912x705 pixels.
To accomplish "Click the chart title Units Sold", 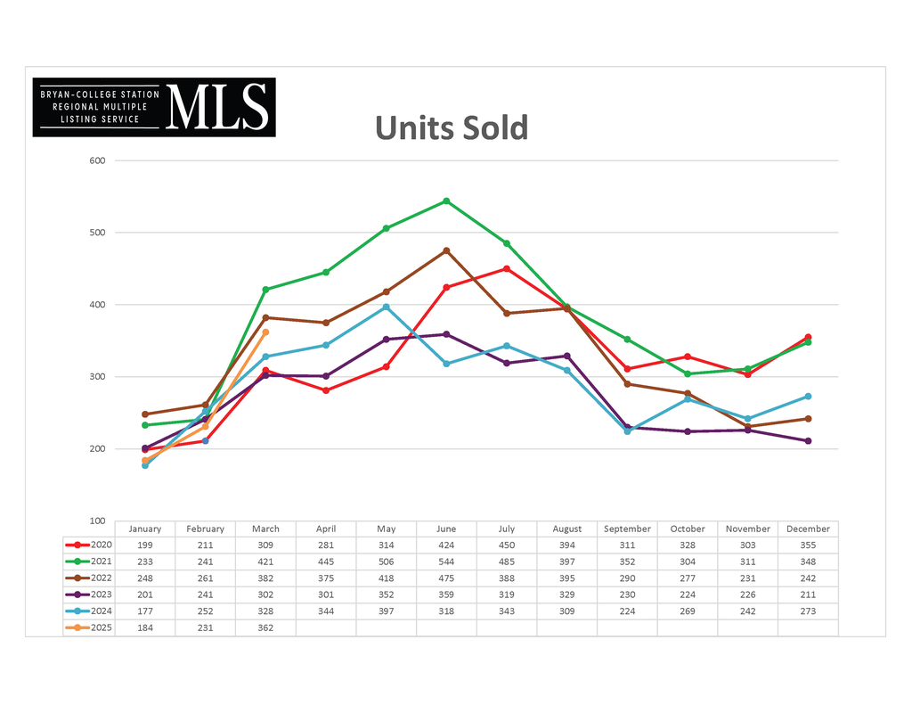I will point(451,127).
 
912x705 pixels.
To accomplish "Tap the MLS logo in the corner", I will point(154,107).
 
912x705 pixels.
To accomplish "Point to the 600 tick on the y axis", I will point(97,160).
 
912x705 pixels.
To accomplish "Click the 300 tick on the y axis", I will point(97,376).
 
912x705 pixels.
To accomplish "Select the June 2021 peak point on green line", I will point(446,201).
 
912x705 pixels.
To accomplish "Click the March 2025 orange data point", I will point(265,332).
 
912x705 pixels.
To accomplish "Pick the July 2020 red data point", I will point(507,268).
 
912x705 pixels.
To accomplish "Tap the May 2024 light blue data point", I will point(386,307).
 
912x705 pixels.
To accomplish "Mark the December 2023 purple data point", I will point(808,440).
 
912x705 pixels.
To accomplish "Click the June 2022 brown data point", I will point(446,250).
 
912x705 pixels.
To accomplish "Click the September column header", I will point(627,529).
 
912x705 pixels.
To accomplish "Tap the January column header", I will point(145,529).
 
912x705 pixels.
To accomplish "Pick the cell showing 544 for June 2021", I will point(446,562).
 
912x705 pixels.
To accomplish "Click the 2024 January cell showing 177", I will point(145,611).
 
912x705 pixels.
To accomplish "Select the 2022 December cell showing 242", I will point(808,578).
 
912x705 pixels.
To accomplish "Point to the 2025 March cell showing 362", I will point(265,627).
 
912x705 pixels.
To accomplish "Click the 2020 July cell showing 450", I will point(507,545).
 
